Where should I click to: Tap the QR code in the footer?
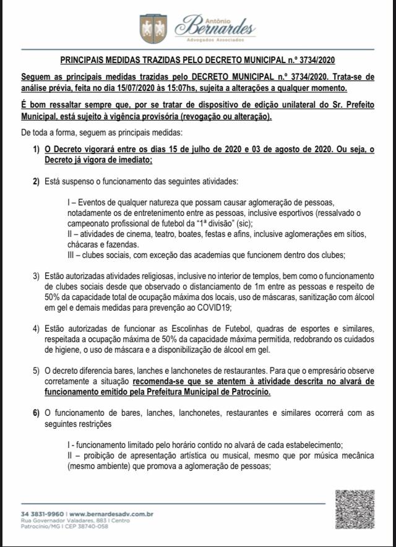click(355, 510)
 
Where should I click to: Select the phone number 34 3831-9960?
click(42, 514)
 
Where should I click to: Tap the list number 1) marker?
click(37, 150)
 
